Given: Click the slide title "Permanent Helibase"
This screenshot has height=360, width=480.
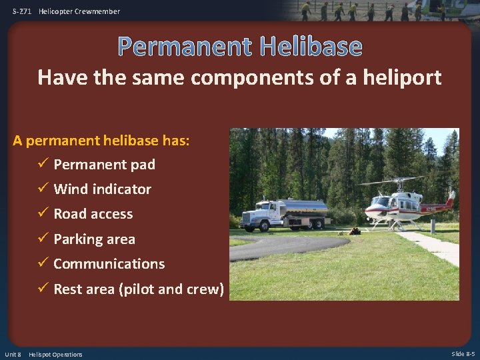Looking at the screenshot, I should pos(240,47).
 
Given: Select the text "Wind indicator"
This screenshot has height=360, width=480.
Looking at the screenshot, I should pos(102,189).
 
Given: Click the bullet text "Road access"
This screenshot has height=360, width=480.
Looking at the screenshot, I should pos(93,214).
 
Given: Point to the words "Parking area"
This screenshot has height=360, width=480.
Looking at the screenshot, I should pos(94,239).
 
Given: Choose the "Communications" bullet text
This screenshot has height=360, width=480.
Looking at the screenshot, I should pos(109,264).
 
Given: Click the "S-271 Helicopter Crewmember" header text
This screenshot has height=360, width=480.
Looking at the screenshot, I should pos(66,11).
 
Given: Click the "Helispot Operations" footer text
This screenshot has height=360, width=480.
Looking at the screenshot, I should pos(55,354).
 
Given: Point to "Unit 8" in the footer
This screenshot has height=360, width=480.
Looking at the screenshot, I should pos(13,354).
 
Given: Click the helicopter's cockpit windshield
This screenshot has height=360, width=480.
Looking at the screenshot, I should pos(381,201).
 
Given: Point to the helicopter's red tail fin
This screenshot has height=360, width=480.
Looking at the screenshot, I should pos(451,199).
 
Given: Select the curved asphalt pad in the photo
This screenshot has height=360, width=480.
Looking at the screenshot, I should pos(280,247).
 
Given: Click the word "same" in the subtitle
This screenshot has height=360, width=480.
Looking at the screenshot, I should pos(155,78).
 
